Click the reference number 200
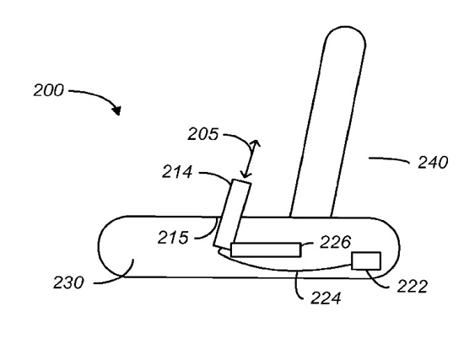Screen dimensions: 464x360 tap(49, 90)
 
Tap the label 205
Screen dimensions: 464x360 tap(203, 134)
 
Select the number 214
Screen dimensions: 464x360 tap(177, 172)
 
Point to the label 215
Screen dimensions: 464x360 tap(173, 237)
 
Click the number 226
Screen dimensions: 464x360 tap(335, 242)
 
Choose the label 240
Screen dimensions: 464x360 tap(433, 163)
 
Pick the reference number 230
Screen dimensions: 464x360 tap(68, 282)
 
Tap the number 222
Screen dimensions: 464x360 tap(413, 287)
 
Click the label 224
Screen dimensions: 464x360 tap(326, 298)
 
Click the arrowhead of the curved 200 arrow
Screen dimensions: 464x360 tap(117, 111)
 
